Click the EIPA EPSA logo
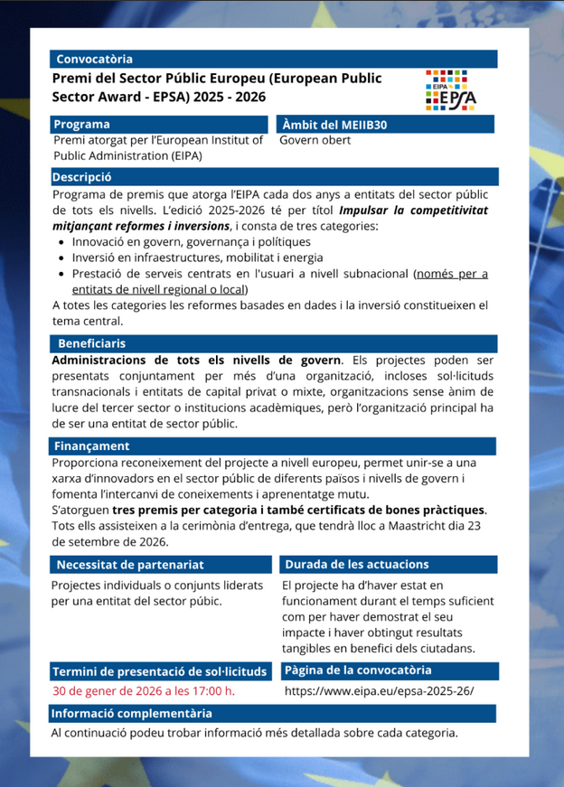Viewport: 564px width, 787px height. [452, 88]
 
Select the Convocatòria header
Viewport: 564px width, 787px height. [94, 59]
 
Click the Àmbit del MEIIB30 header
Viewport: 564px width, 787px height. [334, 124]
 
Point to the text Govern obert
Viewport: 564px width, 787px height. [315, 140]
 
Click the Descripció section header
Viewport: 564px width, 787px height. [81, 177]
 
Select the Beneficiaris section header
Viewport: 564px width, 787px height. [91, 343]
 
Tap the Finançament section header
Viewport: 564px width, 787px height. [90, 445]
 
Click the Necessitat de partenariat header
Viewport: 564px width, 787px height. [130, 564]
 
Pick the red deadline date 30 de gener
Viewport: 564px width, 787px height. [144, 692]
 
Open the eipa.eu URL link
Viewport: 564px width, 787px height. [379, 692]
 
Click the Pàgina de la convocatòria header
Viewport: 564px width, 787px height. [358, 670]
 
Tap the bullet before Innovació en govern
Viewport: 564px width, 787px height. [61, 242]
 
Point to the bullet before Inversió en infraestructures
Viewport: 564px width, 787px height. [61, 258]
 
